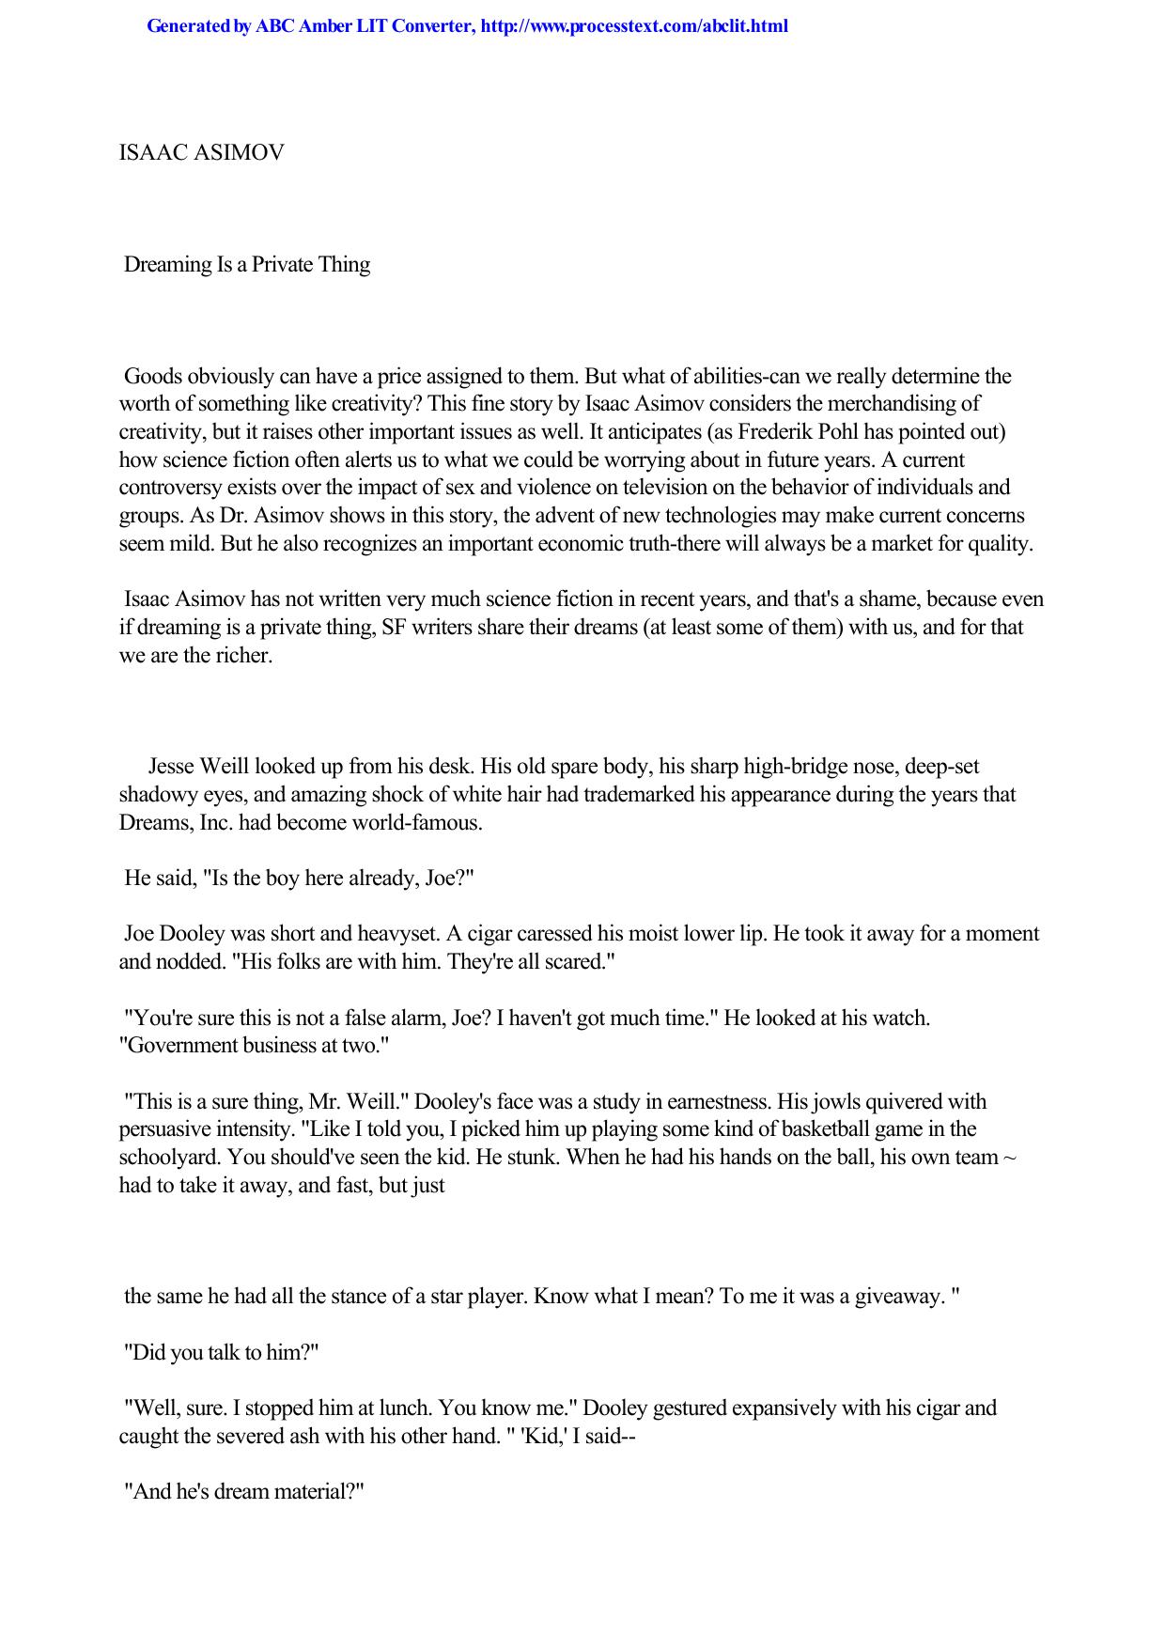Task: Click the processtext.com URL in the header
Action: pos(633,26)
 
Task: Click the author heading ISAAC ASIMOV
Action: pos(201,152)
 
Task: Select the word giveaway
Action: pos(890,1297)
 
